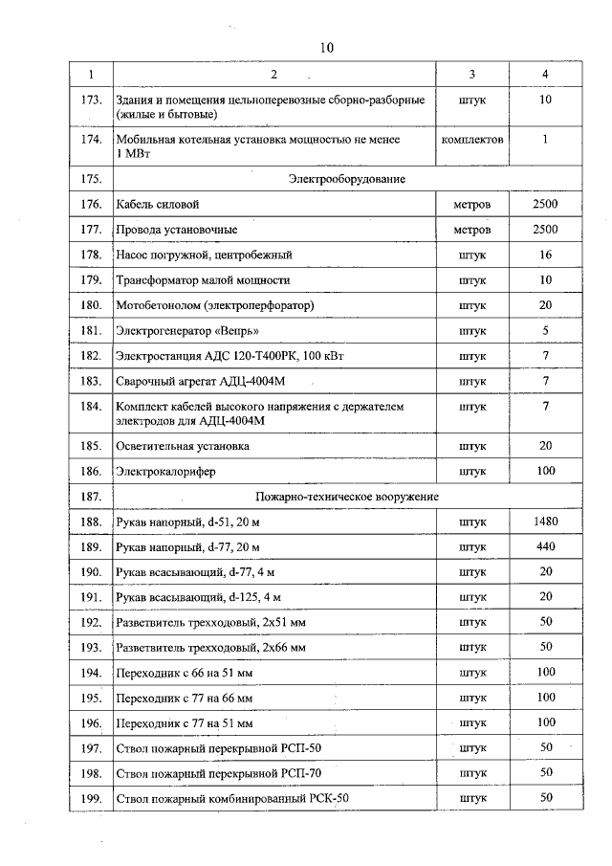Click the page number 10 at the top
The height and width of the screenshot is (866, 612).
326,47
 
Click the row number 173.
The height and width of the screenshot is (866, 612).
91,100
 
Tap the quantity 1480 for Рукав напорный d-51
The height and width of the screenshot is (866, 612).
545,522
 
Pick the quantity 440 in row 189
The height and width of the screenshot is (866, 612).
545,546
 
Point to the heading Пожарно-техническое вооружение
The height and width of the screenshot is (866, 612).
346,497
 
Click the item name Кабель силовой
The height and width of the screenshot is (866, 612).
158,205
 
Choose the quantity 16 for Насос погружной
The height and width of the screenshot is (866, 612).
545,255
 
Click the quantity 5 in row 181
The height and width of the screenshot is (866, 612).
545,331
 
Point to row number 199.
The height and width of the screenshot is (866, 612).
91,797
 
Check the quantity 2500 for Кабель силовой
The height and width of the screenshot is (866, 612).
545,205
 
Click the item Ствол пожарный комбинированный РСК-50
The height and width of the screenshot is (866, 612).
225,798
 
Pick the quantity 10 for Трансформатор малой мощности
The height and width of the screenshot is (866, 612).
545,280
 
